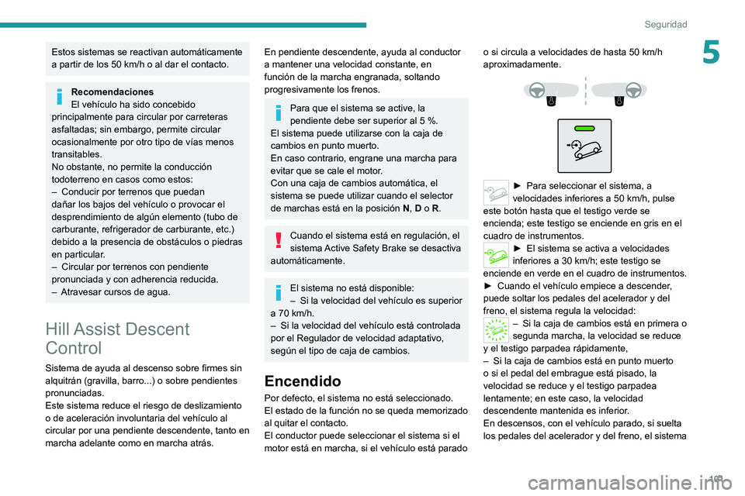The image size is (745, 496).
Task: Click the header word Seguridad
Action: (x=665, y=24)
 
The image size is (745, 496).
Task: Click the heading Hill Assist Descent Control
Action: (x=116, y=338)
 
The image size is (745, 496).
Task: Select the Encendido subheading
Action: (x=302, y=381)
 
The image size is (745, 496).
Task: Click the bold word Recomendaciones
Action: (x=112, y=91)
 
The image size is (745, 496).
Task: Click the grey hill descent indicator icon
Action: (x=497, y=191)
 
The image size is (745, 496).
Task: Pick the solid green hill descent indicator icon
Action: (x=497, y=252)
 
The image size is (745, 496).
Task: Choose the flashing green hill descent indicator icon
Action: (x=497, y=329)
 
